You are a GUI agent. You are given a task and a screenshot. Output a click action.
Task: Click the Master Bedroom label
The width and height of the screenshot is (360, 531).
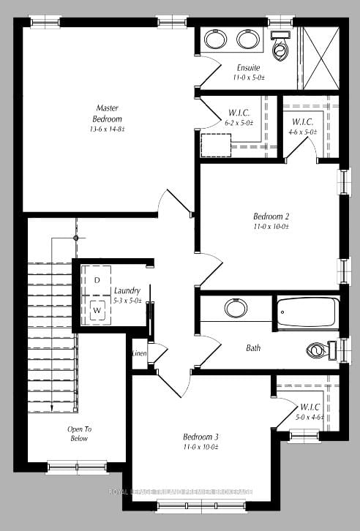pyautogui.click(x=108, y=113)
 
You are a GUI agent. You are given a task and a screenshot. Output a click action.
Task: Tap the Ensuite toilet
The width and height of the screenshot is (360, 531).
pyautogui.click(x=280, y=47)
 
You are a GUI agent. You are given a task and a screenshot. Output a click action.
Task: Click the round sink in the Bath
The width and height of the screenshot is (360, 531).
pyautogui.click(x=236, y=308)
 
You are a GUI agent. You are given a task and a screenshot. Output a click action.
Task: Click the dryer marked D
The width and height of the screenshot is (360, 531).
pyautogui.click(x=97, y=280)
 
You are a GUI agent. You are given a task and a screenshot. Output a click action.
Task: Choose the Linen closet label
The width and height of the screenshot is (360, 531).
pyautogui.click(x=139, y=354)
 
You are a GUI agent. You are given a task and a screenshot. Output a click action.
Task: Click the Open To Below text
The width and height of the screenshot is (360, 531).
pyautogui.click(x=79, y=434)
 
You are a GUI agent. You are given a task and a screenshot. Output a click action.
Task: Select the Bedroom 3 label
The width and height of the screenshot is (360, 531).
pyautogui.click(x=200, y=437)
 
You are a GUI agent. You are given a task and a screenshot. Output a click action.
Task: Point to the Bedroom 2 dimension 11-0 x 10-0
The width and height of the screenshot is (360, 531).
pyautogui.click(x=271, y=227)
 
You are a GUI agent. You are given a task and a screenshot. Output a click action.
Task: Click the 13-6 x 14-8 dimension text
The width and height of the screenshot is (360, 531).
pyautogui.click(x=108, y=129)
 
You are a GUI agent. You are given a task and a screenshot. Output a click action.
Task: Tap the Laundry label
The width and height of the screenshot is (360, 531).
pyautogui.click(x=127, y=290)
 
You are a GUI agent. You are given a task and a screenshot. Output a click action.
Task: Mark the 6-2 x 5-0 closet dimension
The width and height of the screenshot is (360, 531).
pyautogui.click(x=239, y=123)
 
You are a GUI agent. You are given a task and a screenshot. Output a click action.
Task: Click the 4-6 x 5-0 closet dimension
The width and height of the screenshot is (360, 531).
pyautogui.click(x=303, y=132)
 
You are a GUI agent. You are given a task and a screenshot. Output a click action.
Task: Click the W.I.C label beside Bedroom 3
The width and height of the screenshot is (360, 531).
pyautogui.click(x=308, y=407)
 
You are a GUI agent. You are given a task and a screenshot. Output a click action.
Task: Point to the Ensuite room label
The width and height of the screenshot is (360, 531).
pyautogui.click(x=248, y=67)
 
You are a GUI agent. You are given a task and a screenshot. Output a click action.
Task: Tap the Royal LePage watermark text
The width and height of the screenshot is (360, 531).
pyautogui.click(x=180, y=492)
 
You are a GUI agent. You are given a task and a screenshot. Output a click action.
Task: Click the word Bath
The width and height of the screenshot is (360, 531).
pyautogui.click(x=253, y=348)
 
